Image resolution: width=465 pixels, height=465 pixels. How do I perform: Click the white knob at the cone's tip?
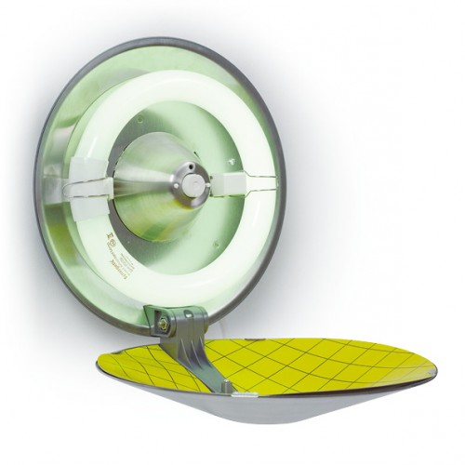coord(194,182)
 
